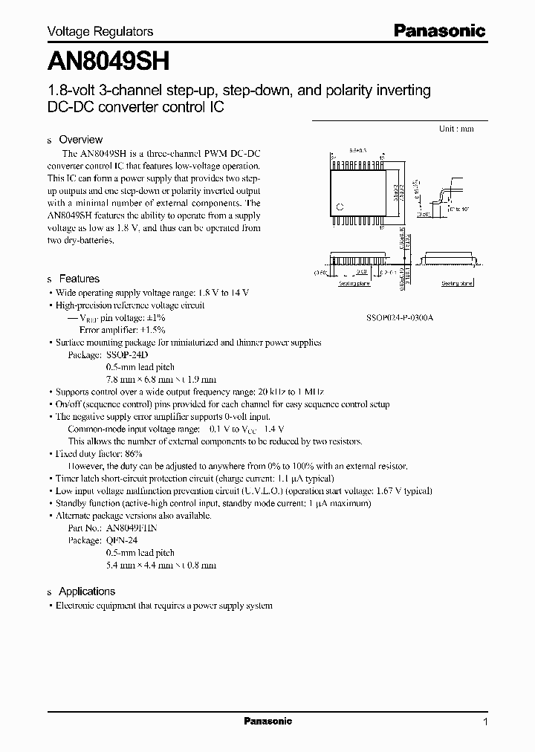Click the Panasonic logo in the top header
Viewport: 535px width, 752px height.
tap(439, 30)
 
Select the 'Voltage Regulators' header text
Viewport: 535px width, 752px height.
tap(100, 31)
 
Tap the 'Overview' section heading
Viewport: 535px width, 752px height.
tap(80, 140)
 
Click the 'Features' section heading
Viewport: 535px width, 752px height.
tap(79, 279)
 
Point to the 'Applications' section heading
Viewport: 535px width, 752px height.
tap(87, 591)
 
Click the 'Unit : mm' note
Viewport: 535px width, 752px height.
tap(456, 129)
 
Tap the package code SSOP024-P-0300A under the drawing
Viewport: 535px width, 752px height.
tap(400, 317)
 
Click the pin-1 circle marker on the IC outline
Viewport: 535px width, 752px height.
tap(340, 207)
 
